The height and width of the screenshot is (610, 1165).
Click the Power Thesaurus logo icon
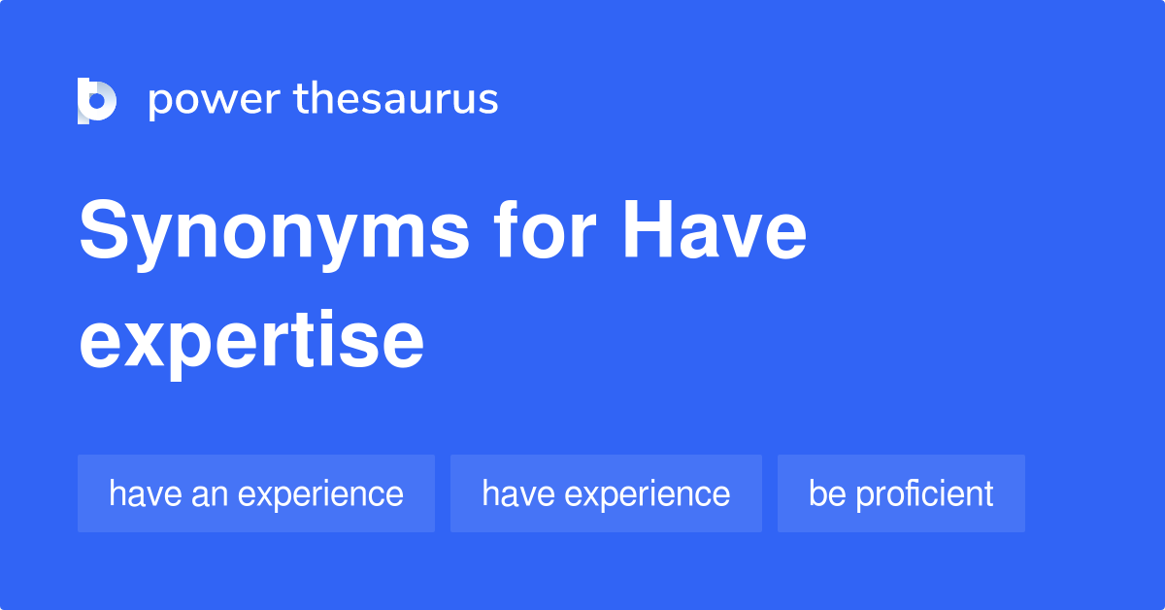(96, 100)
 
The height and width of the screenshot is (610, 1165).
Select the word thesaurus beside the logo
(396, 100)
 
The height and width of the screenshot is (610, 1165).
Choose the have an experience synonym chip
(256, 493)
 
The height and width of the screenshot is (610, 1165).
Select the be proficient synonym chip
(901, 493)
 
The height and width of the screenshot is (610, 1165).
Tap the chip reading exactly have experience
(606, 493)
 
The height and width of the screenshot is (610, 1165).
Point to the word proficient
(925, 493)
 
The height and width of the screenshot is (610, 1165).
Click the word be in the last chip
(827, 493)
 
